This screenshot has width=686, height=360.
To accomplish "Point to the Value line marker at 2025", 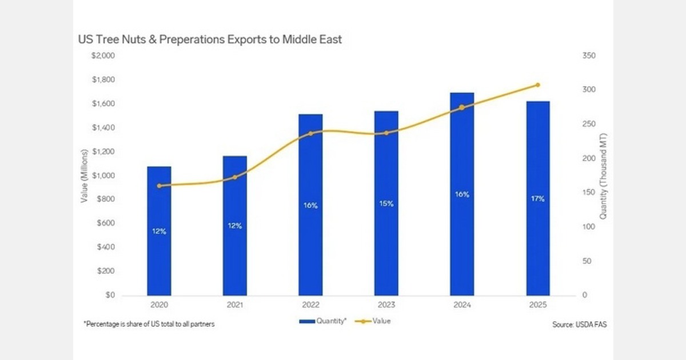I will coord(537,85).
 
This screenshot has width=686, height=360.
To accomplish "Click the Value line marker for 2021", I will coord(234,177).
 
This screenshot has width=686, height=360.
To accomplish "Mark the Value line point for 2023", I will coord(386,133).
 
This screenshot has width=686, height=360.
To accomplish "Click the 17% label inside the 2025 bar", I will coord(538,199).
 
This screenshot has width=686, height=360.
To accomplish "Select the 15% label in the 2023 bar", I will coord(386,203).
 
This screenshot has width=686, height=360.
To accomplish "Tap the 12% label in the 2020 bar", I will coord(159,231).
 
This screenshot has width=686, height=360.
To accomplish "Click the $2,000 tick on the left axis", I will coord(103,56).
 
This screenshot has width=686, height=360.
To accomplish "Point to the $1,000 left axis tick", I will coord(103,176).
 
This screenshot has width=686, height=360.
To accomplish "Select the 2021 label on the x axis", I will coord(234,306).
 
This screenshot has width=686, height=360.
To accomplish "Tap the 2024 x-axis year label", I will coord(462,306).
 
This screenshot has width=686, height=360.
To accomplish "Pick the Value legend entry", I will coord(381,321).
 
